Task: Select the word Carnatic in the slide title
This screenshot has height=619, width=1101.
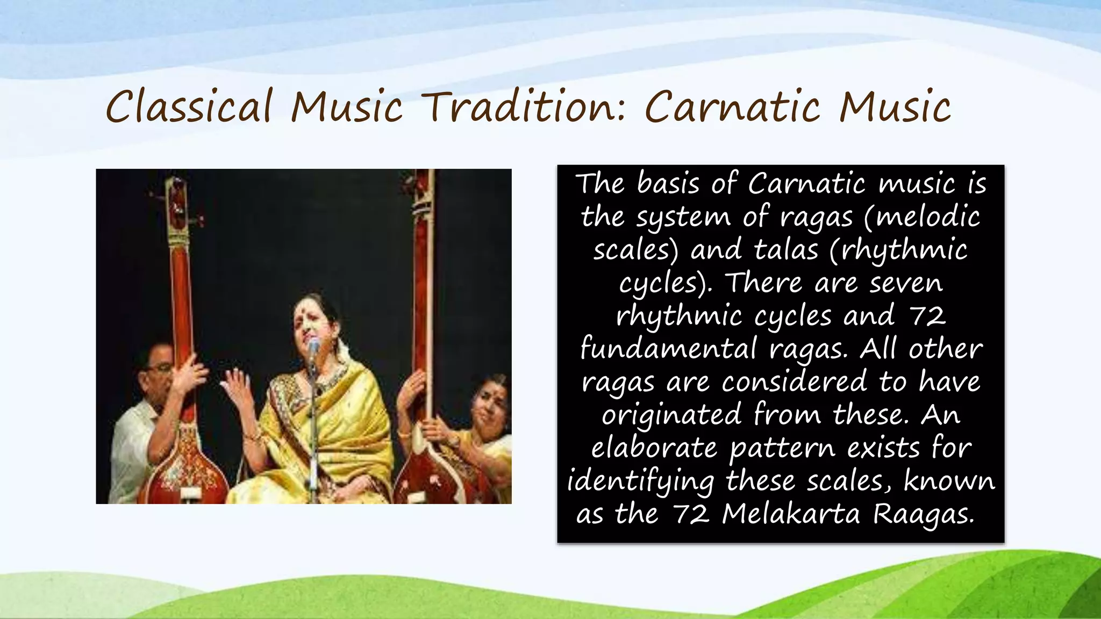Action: pyautogui.click(x=733, y=107)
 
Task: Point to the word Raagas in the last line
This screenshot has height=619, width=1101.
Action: pyautogui.click(x=923, y=515)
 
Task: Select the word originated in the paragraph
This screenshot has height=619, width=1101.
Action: pyautogui.click(x=670, y=415)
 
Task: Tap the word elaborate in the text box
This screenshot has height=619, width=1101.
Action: pyautogui.click(x=654, y=448)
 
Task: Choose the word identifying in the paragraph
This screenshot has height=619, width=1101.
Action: pyautogui.click(x=640, y=481)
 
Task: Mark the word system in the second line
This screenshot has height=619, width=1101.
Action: pyautogui.click(x=683, y=218)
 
